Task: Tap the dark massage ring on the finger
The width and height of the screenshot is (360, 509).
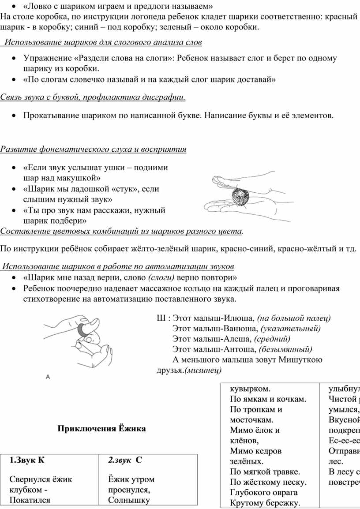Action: coord(82,329)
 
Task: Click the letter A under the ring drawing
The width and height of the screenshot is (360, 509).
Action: coord(48,377)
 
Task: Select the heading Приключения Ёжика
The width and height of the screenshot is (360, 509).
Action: coord(101,429)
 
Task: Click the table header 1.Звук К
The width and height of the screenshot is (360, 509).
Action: coord(27,460)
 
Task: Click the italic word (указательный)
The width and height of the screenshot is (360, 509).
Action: coord(291,329)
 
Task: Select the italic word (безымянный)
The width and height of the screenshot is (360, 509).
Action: coord(286,349)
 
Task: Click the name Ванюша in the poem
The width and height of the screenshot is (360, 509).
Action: coord(241,329)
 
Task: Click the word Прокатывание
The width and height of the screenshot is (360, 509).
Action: coord(51,116)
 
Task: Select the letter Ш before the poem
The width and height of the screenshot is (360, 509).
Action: coord(160,318)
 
